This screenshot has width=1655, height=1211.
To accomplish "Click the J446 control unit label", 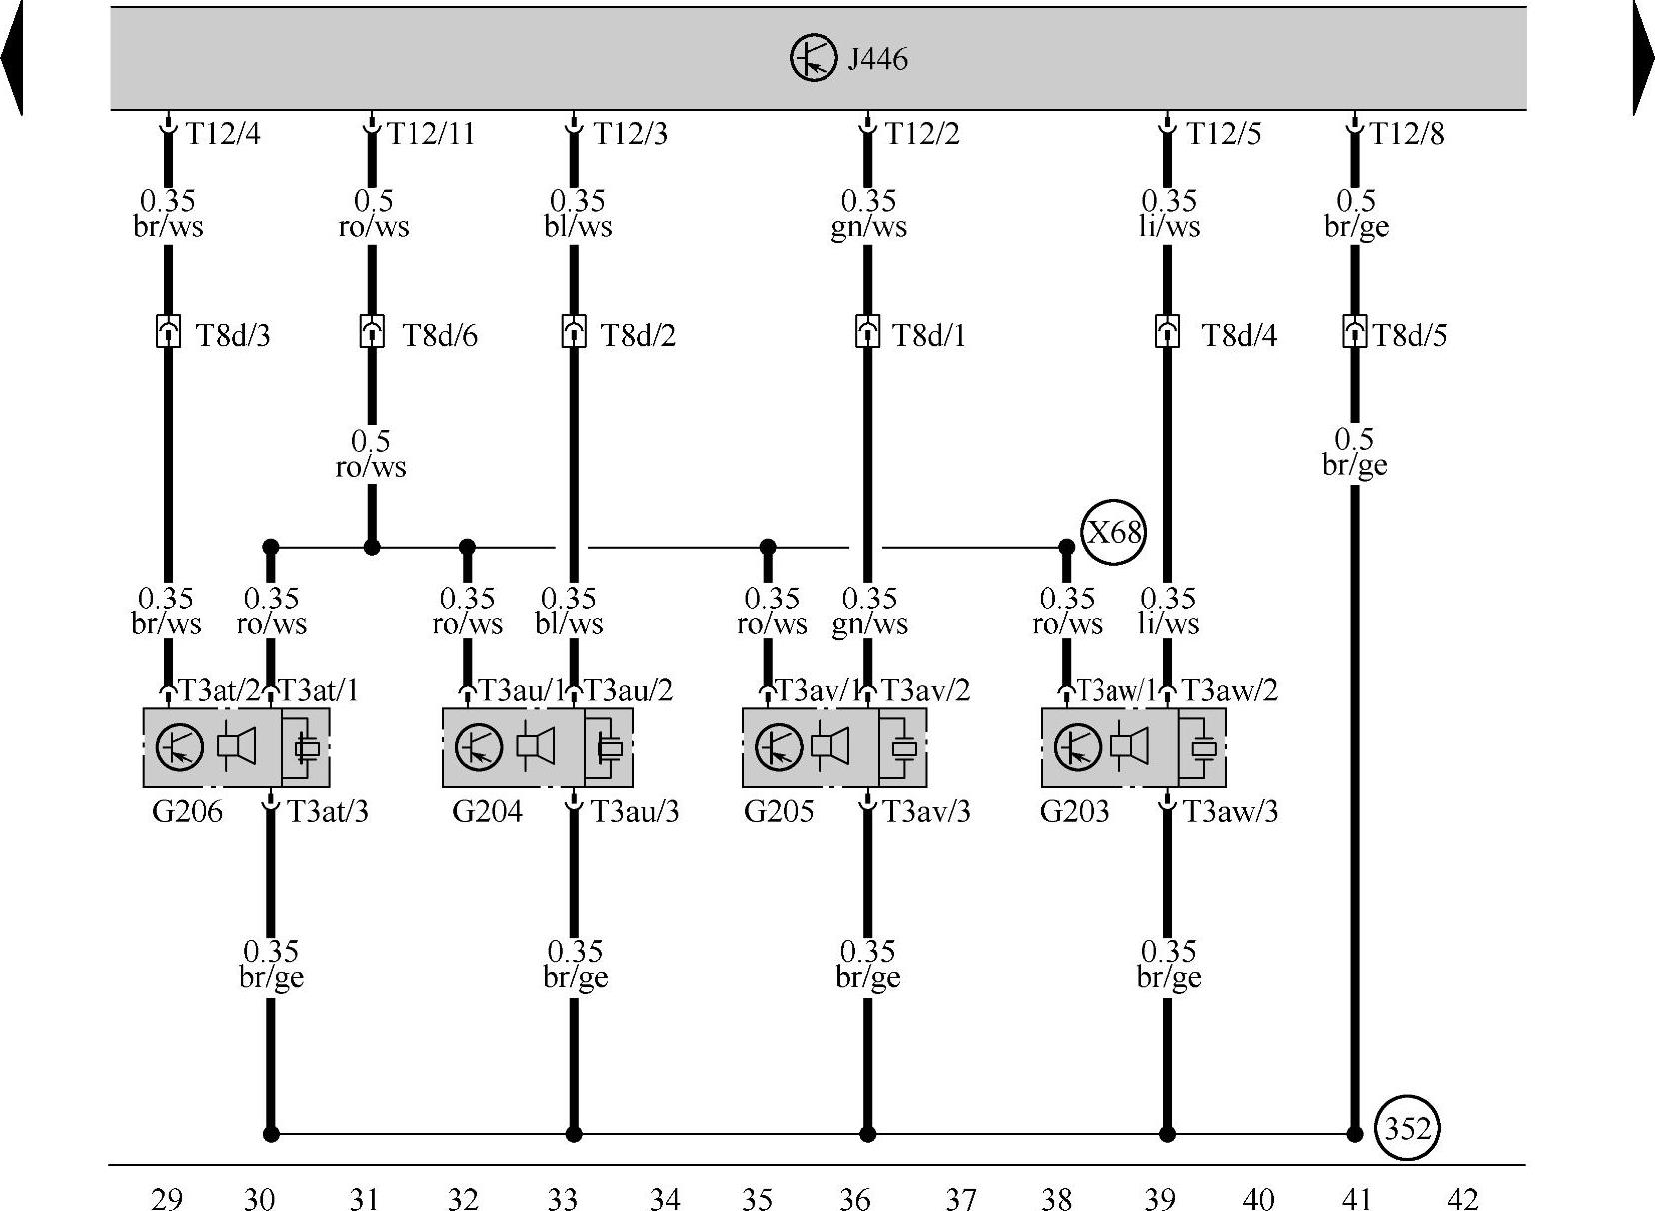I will click(877, 59).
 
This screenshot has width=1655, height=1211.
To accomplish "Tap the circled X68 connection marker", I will click(1113, 532).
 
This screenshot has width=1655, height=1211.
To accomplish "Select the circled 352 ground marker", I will click(1407, 1129).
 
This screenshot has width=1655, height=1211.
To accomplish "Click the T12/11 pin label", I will click(430, 134).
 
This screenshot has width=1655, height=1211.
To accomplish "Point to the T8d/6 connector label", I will click(439, 336).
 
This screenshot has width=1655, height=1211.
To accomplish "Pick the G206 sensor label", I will click(187, 811).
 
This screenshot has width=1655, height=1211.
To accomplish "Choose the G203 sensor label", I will click(1074, 811).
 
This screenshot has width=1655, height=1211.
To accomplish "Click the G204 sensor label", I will click(487, 811).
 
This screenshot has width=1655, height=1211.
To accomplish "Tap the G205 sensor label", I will click(779, 811).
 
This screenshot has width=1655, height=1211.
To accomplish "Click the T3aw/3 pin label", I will click(1230, 811).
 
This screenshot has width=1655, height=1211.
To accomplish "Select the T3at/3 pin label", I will click(328, 811).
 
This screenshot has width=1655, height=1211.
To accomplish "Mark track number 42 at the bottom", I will click(1461, 1198).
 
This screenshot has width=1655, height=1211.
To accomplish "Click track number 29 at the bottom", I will click(167, 1198).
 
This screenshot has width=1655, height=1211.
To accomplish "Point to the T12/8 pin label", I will click(1406, 134).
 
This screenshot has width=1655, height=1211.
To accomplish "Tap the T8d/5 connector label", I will click(1409, 336).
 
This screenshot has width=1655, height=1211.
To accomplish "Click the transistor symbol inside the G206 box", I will click(180, 746).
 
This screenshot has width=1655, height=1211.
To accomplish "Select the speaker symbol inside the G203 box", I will click(1131, 746).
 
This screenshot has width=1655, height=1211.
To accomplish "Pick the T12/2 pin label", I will click(922, 134).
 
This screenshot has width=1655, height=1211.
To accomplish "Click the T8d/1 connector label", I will click(929, 336).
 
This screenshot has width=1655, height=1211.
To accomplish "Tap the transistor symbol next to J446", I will click(813, 58).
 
